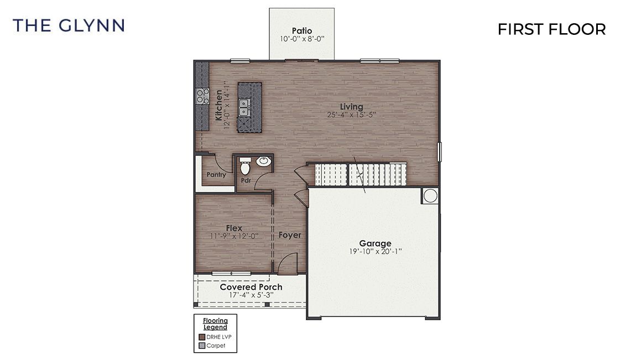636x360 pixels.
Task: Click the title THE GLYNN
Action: tap(69, 25)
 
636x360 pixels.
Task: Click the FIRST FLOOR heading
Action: tap(551, 29)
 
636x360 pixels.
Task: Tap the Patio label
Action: tap(302, 31)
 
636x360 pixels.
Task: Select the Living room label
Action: tap(352, 107)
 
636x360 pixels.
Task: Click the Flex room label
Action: tap(234, 228)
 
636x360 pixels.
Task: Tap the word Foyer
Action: tap(290, 235)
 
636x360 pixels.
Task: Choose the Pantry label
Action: tap(216, 175)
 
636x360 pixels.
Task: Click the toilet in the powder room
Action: tap(245, 164)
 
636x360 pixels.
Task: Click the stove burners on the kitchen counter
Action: tap(202, 96)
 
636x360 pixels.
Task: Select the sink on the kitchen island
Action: tap(244, 107)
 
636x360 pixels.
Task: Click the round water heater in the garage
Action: tap(430, 195)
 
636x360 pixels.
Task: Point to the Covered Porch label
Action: tap(251, 287)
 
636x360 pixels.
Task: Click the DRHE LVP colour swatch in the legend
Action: tap(202, 337)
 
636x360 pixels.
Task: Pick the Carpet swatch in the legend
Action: tap(202, 346)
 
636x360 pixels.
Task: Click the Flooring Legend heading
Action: tap(215, 324)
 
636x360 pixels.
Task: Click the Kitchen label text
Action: tap(219, 105)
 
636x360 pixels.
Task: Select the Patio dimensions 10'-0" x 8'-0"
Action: tap(301, 39)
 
